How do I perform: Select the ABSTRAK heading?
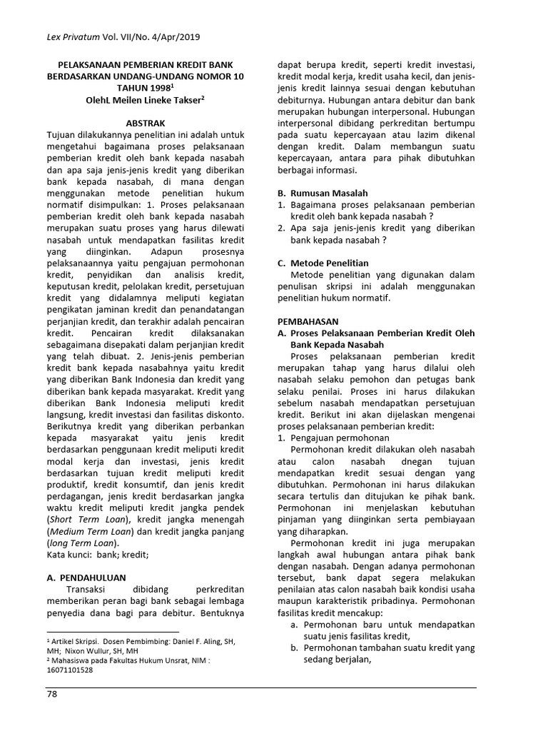pyautogui.click(x=146, y=122)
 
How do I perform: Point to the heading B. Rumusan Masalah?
pyautogui.click(x=323, y=193)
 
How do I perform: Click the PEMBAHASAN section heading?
pyautogui.click(x=308, y=322)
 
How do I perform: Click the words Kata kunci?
pyautogui.click(x=70, y=554)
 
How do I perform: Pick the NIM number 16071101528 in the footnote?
pyautogui.click(x=69, y=670)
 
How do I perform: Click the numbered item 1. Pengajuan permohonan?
pyautogui.click(x=333, y=438)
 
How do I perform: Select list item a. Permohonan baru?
pyautogui.click(x=382, y=624)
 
